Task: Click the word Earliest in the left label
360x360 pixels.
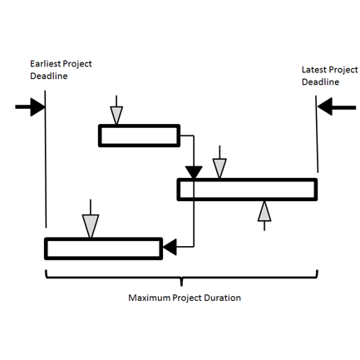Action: pos(45,63)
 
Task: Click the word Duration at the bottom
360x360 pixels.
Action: pos(222,298)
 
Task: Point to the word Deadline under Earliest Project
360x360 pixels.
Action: pos(49,76)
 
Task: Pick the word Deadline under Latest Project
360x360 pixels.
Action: pos(320,81)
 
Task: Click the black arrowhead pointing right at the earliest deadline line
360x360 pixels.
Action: pos(37,107)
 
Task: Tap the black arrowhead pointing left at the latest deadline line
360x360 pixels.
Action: pos(325,106)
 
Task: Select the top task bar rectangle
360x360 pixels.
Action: pos(139,136)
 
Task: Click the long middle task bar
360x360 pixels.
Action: pos(247,190)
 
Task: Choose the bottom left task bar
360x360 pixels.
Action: pos(103,249)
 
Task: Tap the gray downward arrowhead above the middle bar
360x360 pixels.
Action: pos(219,168)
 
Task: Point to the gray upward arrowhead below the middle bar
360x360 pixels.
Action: pos(264,211)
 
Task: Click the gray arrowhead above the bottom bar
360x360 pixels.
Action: pos(91,226)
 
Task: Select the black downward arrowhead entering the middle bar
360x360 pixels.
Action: pos(194,172)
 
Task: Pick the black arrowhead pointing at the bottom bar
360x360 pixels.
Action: pos(170,247)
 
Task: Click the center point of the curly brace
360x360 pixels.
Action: pos(181,282)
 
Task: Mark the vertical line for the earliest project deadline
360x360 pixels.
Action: pos(46,159)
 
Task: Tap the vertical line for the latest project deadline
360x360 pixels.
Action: pos(317,134)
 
